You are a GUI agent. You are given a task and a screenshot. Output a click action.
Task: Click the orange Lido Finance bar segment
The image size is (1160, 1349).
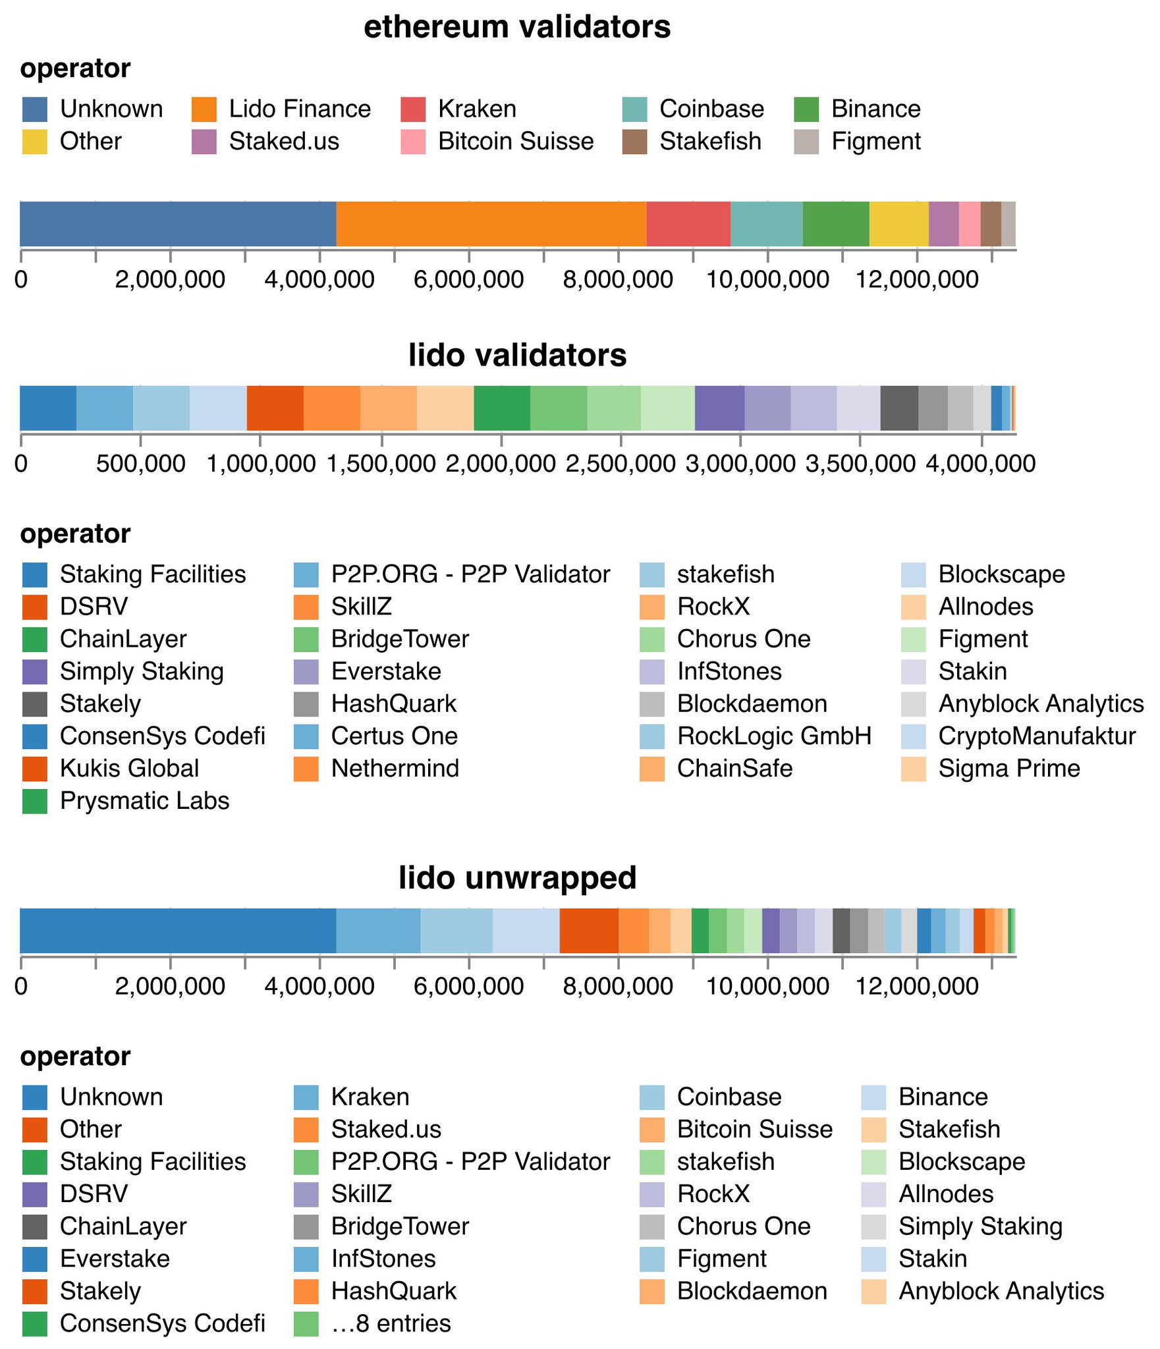[491, 224]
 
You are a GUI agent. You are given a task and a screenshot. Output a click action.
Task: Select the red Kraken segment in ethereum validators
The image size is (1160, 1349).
[688, 224]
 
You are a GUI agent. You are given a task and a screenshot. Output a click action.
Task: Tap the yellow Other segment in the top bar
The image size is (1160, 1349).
[898, 224]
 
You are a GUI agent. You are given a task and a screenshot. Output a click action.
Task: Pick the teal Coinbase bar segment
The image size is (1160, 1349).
[766, 224]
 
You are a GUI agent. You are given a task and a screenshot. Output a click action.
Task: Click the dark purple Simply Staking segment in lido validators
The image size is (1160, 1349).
[719, 408]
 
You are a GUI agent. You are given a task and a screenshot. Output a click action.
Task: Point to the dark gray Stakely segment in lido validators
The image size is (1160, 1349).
[899, 408]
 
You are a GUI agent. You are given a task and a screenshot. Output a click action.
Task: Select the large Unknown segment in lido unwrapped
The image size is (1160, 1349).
[178, 930]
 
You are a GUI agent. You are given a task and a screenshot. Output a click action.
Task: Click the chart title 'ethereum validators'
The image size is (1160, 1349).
[517, 28]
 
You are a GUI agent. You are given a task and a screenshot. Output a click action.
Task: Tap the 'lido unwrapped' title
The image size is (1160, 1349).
[517, 878]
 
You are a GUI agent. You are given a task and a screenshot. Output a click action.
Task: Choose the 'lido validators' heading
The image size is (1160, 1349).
[517, 356]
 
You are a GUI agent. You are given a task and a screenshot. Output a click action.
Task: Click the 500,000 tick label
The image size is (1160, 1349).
[140, 464]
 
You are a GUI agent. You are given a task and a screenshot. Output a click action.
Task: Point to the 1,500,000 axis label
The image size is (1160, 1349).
[381, 464]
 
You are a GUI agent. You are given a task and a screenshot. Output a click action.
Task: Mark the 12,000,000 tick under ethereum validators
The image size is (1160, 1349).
[917, 280]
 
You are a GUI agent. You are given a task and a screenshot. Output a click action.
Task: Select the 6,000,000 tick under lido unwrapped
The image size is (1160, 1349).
[468, 986]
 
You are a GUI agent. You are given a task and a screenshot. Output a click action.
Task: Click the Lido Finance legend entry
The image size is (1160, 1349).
[300, 109]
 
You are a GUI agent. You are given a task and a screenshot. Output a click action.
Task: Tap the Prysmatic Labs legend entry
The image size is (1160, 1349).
[144, 801]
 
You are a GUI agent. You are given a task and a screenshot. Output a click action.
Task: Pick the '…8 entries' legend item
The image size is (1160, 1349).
[391, 1323]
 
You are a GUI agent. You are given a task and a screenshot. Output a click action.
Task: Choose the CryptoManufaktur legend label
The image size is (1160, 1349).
[1037, 736]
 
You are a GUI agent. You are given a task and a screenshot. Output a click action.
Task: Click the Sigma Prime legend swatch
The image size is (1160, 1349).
[914, 769]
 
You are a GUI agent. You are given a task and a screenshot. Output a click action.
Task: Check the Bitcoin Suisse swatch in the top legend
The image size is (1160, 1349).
[413, 142]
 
